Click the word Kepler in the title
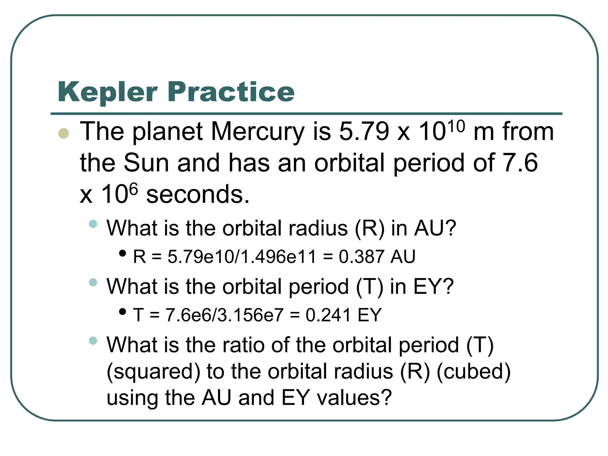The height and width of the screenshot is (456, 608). pos(107,92)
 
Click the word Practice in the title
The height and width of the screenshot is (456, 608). pos(231,92)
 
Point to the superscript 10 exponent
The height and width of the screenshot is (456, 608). pos(456,126)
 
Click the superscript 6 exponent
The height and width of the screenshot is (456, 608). pos(134,189)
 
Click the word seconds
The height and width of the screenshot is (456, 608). pos(198,195)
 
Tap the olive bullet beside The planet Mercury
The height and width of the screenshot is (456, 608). pos(64,133)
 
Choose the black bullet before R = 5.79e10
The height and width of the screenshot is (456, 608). pos(122,253)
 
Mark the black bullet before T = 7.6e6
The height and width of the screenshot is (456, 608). pos(122,312)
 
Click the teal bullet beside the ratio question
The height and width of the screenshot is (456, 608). pos(93,341)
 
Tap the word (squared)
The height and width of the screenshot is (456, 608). pos(153,372)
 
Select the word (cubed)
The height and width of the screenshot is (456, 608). pos(474,372)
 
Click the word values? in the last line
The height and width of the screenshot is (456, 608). pos(354,398)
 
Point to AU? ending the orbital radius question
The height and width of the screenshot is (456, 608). pos(435,228)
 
